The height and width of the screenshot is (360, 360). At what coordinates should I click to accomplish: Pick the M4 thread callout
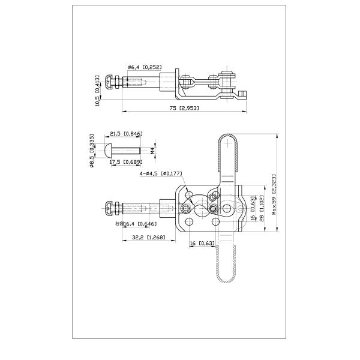(152, 151)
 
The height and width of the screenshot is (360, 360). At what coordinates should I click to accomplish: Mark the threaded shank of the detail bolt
(128, 150)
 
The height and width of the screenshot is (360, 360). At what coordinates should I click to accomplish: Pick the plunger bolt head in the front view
(109, 209)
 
